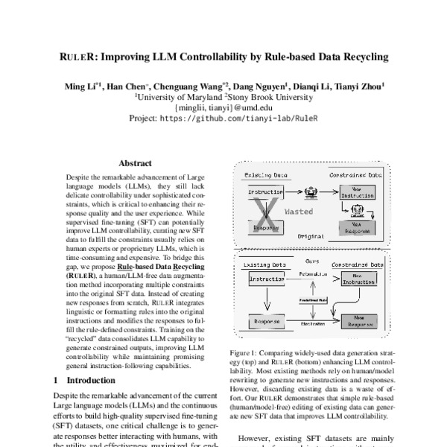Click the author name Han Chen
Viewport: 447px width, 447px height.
tap(127, 86)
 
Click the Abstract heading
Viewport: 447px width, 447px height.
tap(135, 163)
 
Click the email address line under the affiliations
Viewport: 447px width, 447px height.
tap(223, 107)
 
